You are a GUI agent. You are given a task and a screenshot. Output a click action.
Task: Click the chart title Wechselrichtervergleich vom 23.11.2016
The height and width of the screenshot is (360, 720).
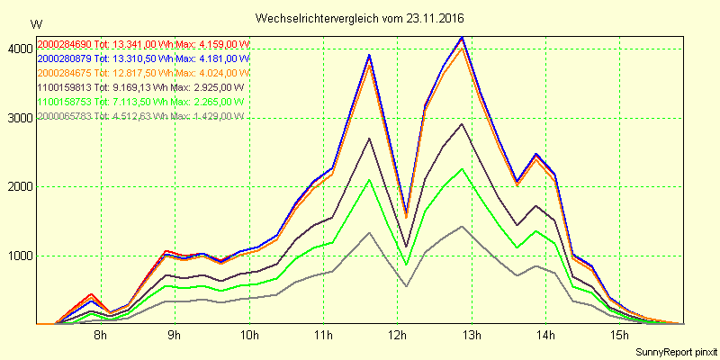tap(359, 18)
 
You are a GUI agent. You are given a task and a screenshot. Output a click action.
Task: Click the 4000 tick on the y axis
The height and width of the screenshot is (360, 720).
tap(18, 49)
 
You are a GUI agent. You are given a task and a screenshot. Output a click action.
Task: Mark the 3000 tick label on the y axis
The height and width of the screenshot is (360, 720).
tap(18, 118)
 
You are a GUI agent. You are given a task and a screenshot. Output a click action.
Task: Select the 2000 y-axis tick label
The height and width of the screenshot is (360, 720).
tap(18, 186)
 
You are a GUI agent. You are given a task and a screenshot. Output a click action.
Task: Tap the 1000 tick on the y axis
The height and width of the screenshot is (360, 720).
tap(18, 255)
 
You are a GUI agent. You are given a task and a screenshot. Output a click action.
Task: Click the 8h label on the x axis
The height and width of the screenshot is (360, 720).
tap(101, 336)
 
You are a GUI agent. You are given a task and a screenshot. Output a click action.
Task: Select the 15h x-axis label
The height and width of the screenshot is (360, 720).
tap(617, 336)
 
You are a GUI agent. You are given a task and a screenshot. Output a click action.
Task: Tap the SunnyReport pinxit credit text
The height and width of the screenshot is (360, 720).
tap(676, 351)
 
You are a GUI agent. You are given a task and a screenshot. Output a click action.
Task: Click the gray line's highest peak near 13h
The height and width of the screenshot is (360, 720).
tap(462, 227)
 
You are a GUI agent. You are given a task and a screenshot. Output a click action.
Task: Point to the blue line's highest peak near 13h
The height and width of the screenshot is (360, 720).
tap(462, 38)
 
